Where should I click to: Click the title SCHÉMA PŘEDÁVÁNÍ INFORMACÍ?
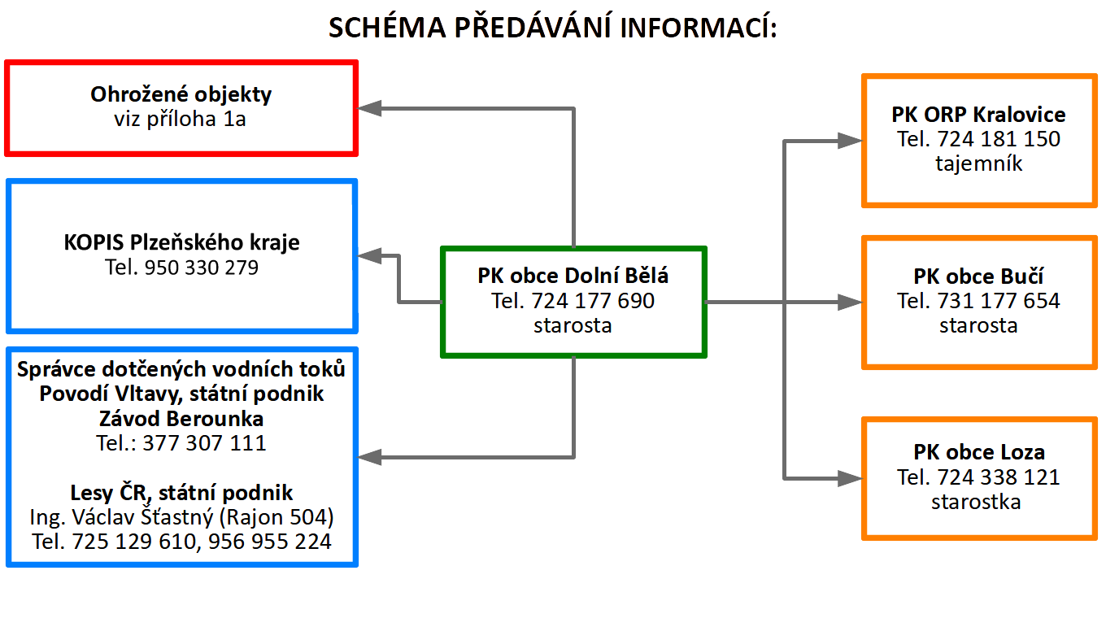tap(552, 28)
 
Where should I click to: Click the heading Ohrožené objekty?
tap(181, 94)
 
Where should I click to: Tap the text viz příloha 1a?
tap(181, 120)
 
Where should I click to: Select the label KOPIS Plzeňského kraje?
tap(181, 242)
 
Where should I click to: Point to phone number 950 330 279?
tap(201, 267)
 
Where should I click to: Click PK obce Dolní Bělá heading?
tap(573, 276)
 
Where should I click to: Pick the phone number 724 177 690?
tap(593, 301)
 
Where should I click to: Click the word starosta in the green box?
tap(573, 325)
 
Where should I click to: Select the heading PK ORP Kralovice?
tap(978, 115)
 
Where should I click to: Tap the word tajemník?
tap(978, 163)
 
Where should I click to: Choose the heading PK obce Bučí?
tap(978, 276)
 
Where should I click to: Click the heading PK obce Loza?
tap(978, 452)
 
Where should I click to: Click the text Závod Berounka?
tap(181, 419)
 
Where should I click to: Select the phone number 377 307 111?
tap(204, 443)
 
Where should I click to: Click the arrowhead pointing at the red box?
tap(371, 108)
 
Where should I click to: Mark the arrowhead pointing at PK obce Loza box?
tap(850, 477)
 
